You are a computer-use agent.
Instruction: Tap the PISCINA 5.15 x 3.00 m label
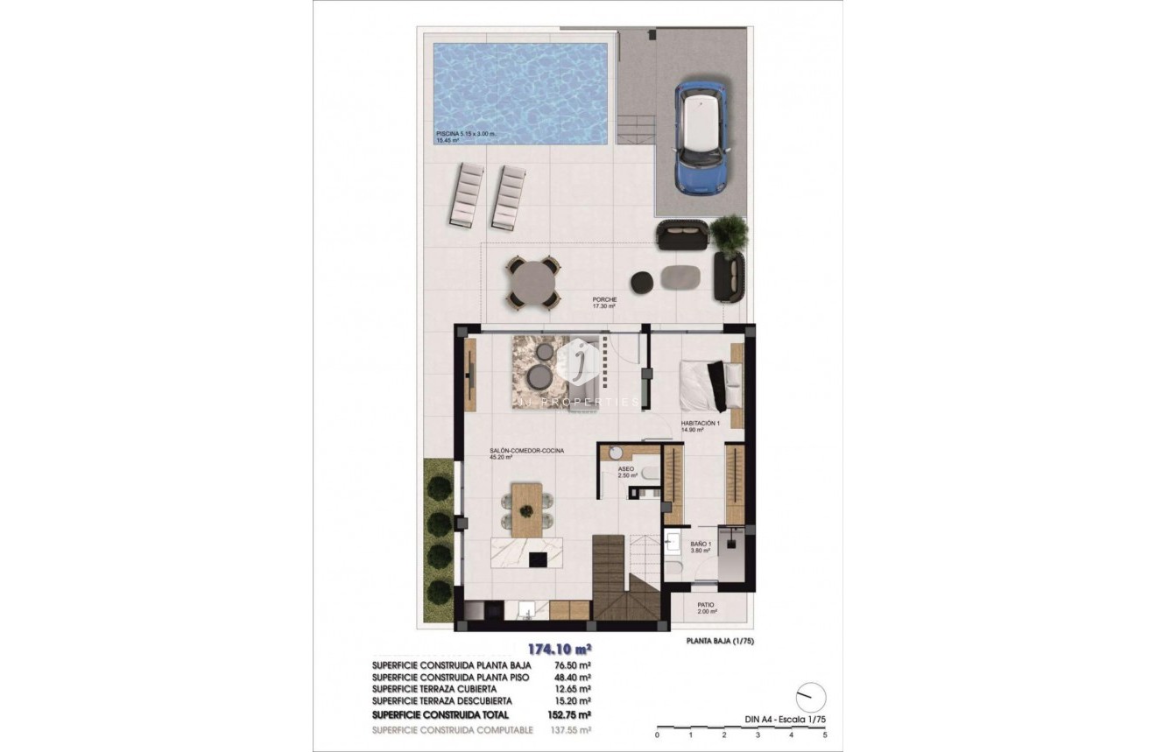(466, 134)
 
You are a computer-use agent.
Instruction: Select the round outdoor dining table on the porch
(533, 283)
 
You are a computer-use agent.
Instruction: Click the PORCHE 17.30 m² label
(604, 303)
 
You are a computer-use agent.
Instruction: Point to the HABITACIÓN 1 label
(700, 425)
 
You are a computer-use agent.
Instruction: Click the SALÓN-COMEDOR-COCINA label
(526, 451)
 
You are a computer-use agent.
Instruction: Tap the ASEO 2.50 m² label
(627, 472)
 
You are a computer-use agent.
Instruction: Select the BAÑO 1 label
(701, 547)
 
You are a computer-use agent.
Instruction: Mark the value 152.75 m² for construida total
(573, 714)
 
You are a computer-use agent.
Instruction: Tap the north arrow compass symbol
(810, 697)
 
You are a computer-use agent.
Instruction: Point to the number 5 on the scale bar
(825, 736)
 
